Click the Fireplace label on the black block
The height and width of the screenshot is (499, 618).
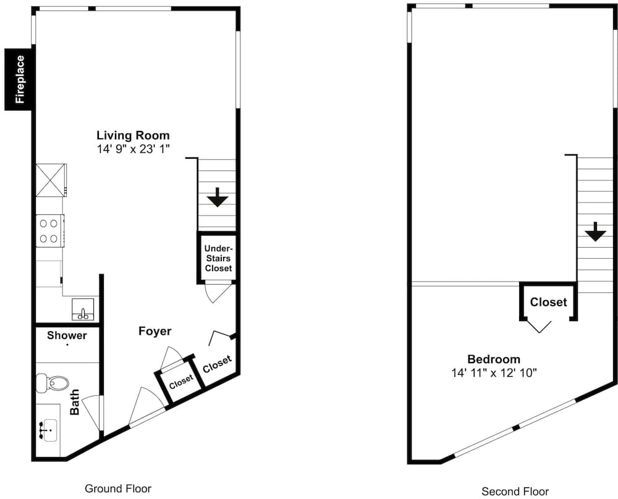click(20, 79)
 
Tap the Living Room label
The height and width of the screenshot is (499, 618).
click(133, 135)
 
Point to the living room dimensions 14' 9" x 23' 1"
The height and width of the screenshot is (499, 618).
click(133, 149)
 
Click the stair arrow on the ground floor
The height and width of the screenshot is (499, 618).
click(218, 198)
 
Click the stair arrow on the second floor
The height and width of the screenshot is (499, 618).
click(595, 232)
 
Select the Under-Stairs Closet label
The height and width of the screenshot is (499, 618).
click(218, 258)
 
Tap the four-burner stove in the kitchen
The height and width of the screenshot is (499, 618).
click(50, 231)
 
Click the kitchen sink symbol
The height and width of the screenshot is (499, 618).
click(83, 309)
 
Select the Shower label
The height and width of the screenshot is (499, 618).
click(67, 335)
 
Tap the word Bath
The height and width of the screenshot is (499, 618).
click(75, 401)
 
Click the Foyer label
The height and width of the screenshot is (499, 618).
click(155, 331)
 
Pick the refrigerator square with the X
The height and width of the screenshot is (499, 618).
click(51, 180)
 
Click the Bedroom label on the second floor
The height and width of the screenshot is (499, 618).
click(494, 359)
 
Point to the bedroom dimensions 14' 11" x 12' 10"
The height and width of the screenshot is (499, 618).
click(494, 372)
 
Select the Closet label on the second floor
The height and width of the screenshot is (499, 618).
click(548, 302)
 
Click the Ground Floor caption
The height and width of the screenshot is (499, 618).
click(118, 489)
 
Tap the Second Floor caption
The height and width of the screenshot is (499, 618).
click(515, 492)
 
